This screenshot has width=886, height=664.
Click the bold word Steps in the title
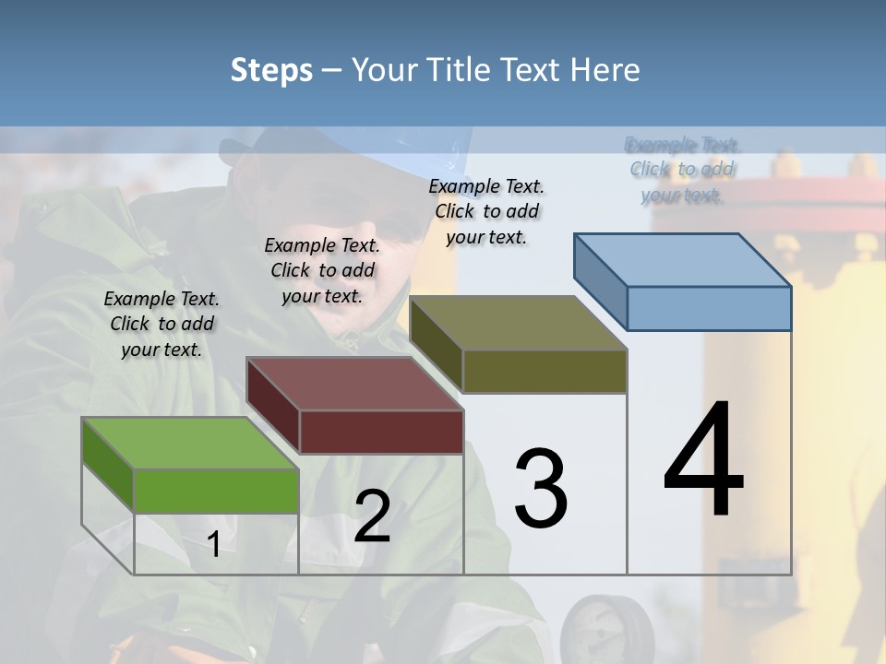(x=271, y=70)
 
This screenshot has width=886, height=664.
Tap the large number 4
(x=703, y=461)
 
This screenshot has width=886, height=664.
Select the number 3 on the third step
(x=541, y=489)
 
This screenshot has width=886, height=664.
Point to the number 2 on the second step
(x=372, y=516)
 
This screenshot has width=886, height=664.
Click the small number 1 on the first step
(x=213, y=545)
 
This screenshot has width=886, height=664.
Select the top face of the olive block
(x=518, y=323)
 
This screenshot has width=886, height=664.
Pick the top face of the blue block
(x=682, y=259)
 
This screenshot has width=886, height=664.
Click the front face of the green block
(x=216, y=491)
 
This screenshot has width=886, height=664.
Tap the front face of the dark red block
(x=381, y=432)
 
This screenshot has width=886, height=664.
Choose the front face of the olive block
(x=545, y=371)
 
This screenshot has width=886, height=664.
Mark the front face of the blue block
(x=709, y=308)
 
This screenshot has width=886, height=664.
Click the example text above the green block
(x=162, y=324)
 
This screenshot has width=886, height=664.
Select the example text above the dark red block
(x=322, y=270)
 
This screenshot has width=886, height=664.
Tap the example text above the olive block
(x=486, y=211)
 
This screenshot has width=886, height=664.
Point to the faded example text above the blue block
(x=683, y=170)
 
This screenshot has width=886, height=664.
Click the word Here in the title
(x=607, y=70)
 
